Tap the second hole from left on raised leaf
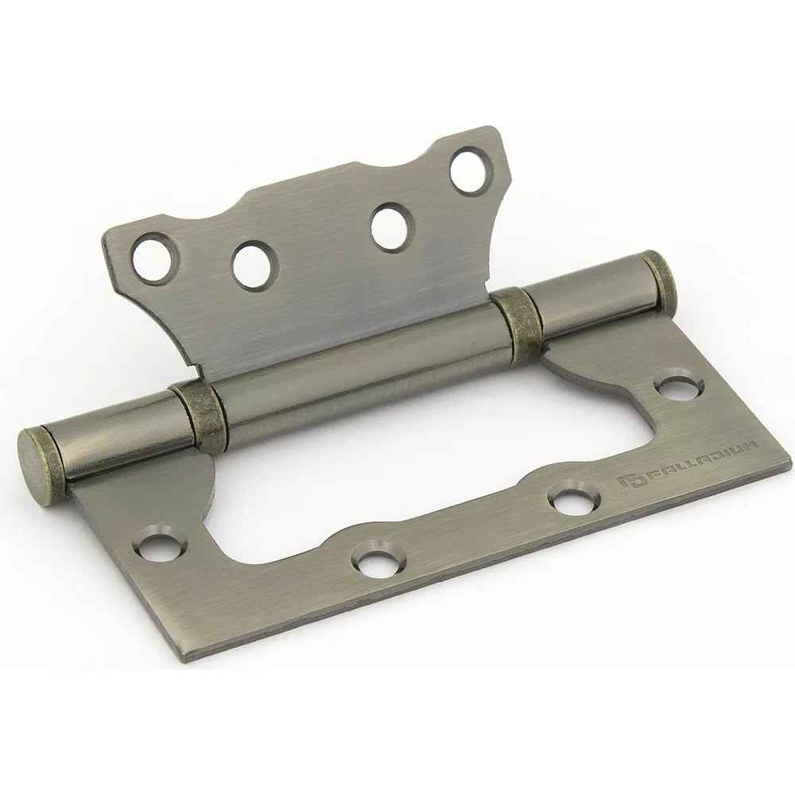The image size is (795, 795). [x=253, y=266]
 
